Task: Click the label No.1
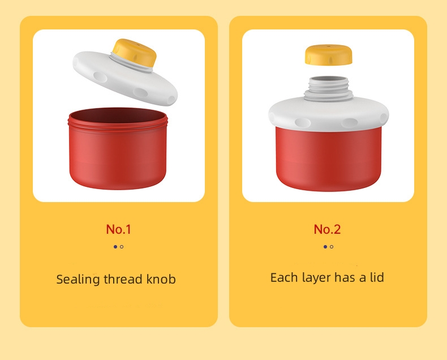118,229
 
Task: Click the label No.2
328,229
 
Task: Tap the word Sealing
78,280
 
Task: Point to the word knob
161,279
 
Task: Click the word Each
283,278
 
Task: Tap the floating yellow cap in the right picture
328,54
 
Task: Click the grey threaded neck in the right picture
329,88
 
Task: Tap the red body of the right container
329,158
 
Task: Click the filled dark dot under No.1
115,247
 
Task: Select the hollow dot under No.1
122,247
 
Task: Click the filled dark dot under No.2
325,247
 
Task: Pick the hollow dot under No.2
332,247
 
